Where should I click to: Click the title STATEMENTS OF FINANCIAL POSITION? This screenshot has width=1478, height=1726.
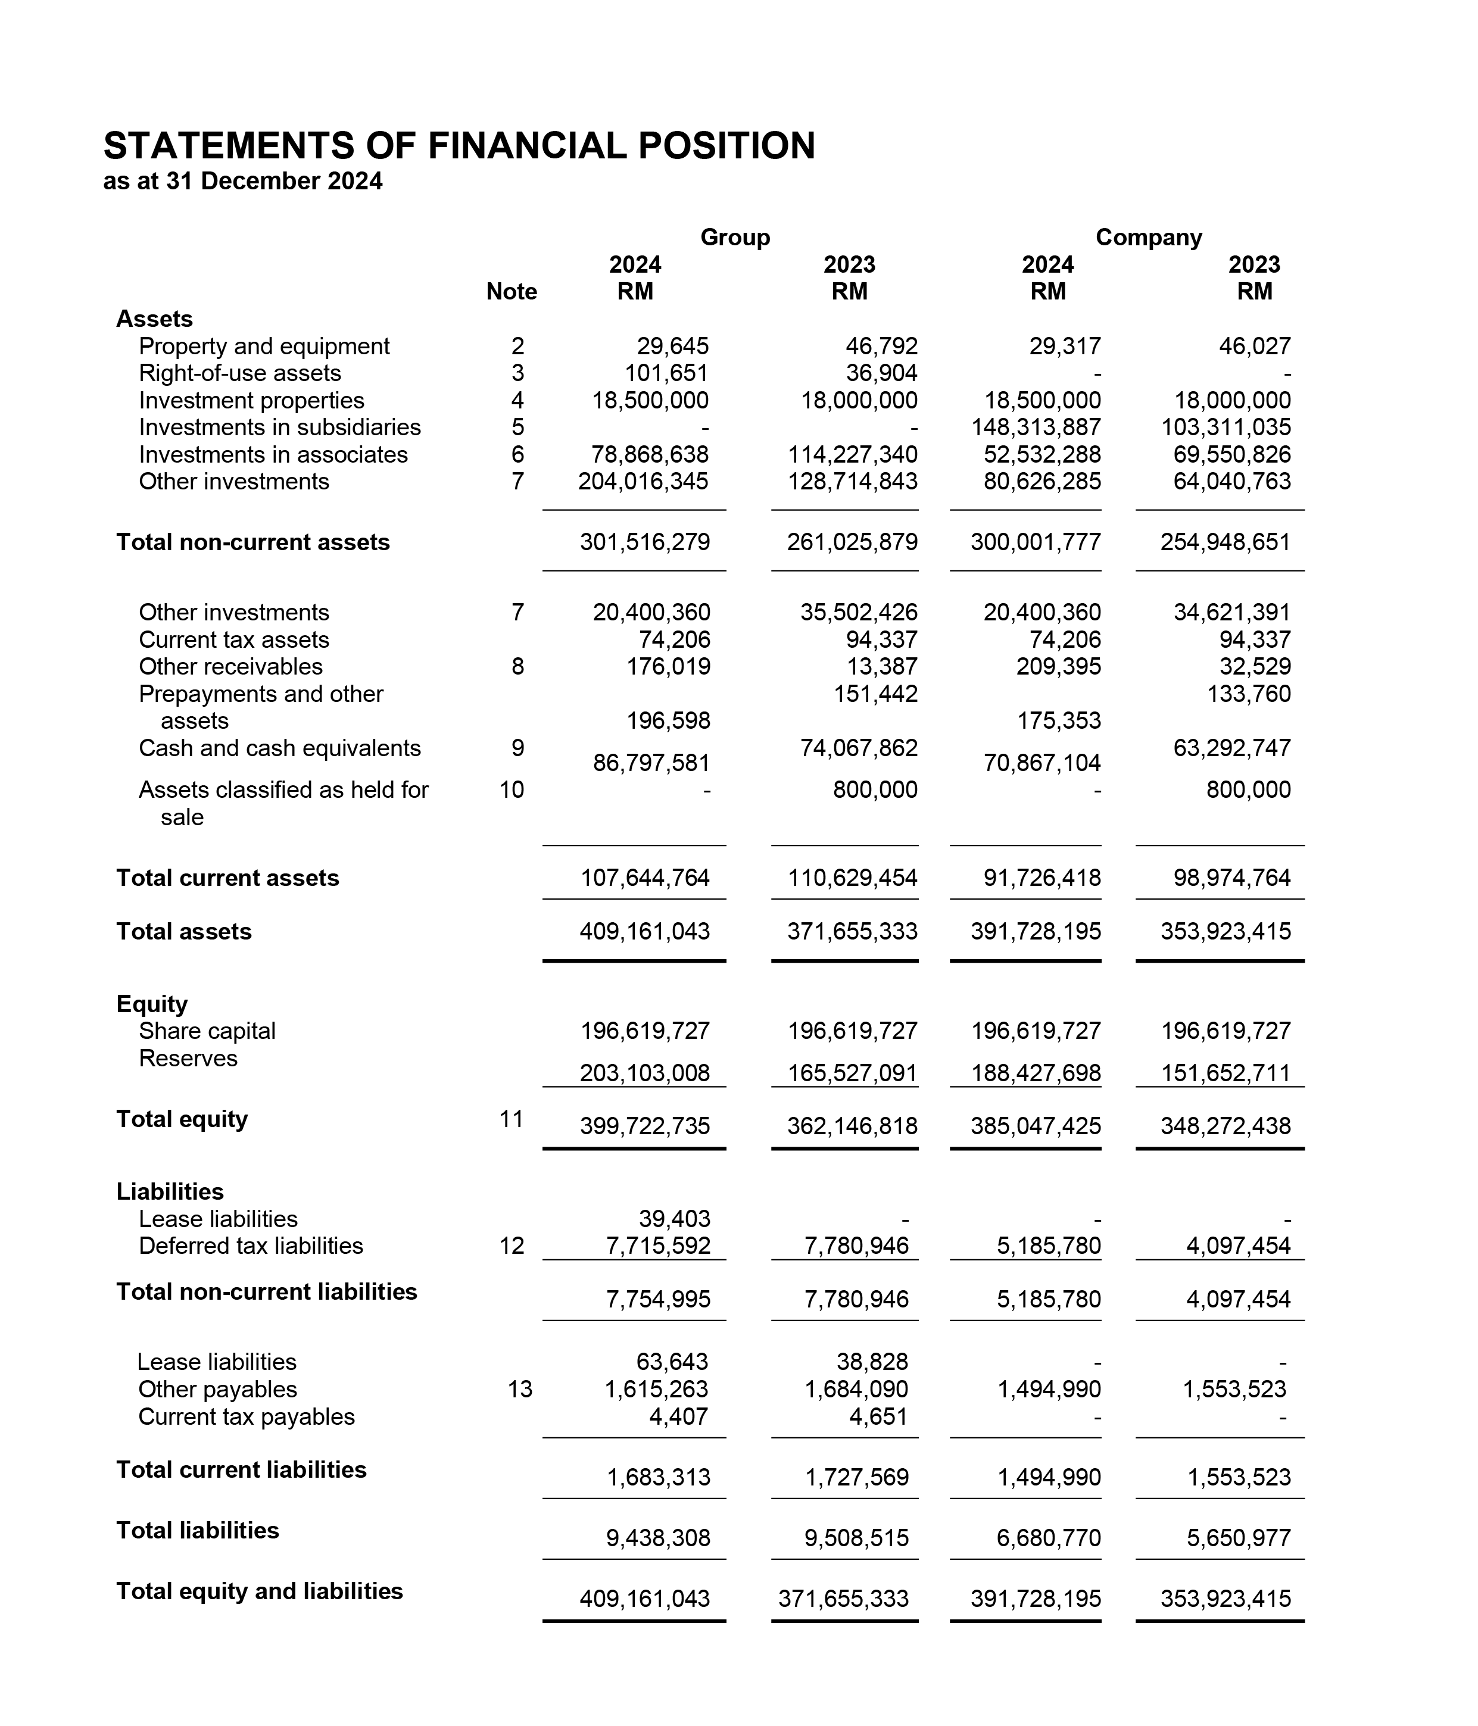point(459,146)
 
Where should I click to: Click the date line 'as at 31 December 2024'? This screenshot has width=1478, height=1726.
point(242,182)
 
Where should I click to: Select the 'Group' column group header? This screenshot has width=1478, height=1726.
point(735,238)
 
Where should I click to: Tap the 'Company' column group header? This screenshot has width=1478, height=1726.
point(1148,238)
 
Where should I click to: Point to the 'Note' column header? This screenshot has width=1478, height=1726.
point(512,292)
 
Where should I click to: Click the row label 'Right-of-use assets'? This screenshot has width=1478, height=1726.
point(240,373)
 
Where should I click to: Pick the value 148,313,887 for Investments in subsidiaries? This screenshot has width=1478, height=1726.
point(1036,427)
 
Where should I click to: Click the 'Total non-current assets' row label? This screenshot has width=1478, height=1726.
point(252,542)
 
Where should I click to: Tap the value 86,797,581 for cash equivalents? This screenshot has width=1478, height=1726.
point(651,763)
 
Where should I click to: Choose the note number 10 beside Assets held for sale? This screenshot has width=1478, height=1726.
point(512,789)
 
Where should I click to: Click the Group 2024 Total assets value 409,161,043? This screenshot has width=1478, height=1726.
point(644,931)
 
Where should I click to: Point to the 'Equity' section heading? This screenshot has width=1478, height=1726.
point(152,1004)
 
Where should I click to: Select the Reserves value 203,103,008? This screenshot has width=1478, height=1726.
point(644,1073)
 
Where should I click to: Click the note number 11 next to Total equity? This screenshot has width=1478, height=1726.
point(511,1119)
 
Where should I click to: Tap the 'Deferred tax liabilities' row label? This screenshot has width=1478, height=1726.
point(251,1246)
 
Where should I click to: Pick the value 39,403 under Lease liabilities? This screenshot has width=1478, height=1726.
point(674,1219)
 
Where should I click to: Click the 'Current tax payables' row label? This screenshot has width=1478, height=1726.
point(247,1417)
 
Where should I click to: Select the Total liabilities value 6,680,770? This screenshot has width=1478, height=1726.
point(1048,1538)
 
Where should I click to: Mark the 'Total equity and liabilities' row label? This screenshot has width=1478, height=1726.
point(259,1591)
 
